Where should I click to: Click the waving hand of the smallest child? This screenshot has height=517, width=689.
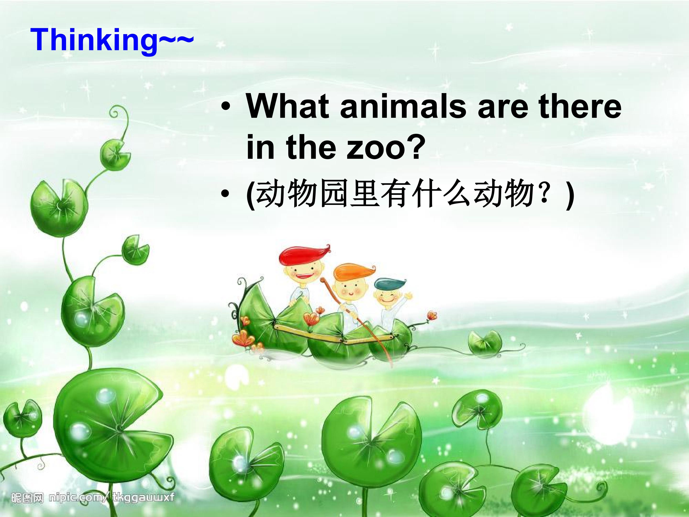(x=409, y=295)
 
